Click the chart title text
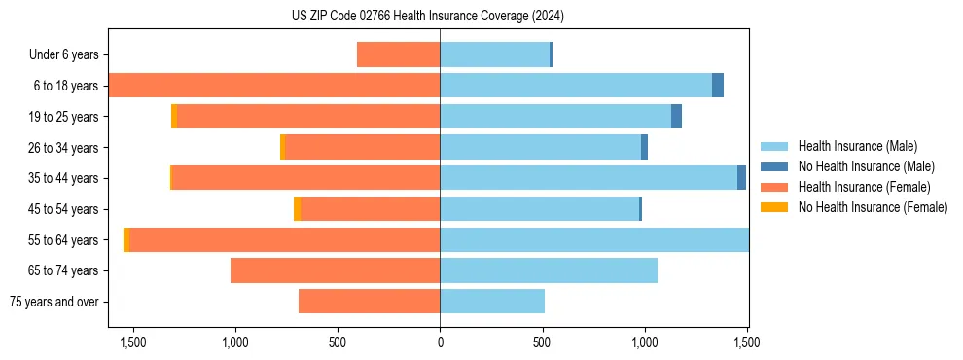tap(428, 16)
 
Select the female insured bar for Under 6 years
tap(398, 54)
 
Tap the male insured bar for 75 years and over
tap(492, 302)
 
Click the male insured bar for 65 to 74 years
tap(549, 270)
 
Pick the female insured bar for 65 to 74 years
tap(335, 270)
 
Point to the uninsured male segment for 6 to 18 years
tap(718, 86)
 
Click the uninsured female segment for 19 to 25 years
tap(174, 117)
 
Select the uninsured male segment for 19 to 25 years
tap(676, 117)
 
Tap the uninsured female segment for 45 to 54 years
tap(297, 209)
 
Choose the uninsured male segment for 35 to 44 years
tap(741, 178)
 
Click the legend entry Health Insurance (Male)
tap(856, 146)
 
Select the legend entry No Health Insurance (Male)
tap(866, 166)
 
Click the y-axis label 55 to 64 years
tap(63, 240)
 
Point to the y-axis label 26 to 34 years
tap(63, 148)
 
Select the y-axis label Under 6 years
tap(63, 55)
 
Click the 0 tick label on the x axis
tap(440, 342)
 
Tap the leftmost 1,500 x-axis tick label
tap(132, 342)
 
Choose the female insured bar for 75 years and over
tap(369, 302)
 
